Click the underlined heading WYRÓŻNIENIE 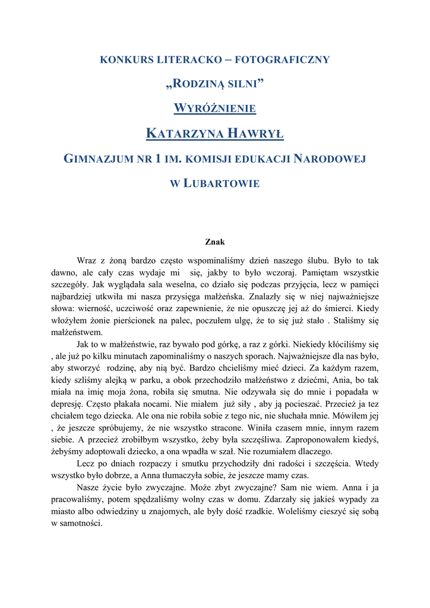[214, 108]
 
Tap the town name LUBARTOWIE [220, 183]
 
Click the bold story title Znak [214, 242]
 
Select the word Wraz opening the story [87, 261]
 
